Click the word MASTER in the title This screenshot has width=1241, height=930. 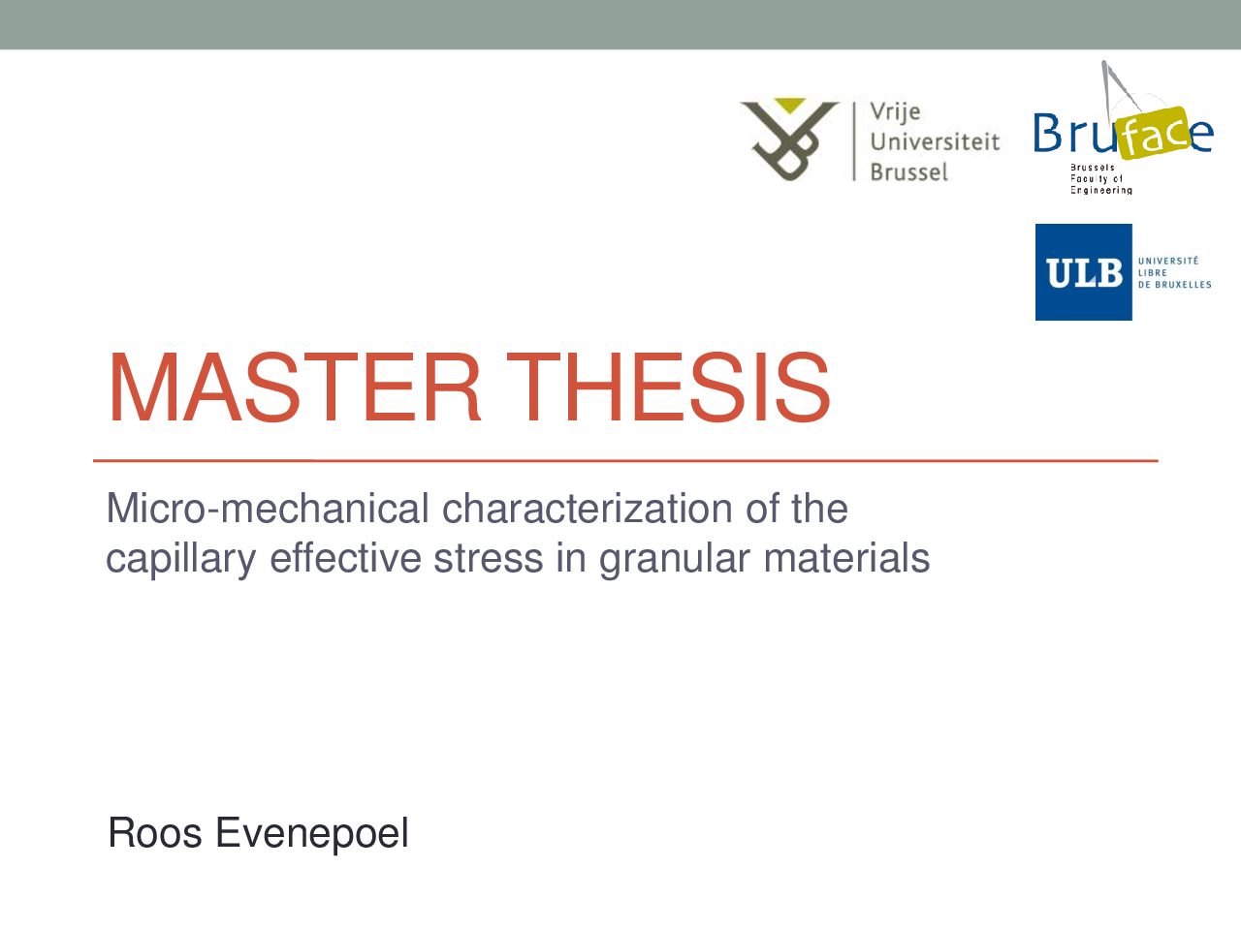pos(295,387)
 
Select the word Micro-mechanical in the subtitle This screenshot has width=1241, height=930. pos(268,509)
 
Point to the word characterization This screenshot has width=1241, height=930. pos(586,509)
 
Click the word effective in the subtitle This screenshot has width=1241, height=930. pos(345,558)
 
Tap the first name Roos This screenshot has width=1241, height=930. pos(155,833)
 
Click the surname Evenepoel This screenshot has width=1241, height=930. pos(311,835)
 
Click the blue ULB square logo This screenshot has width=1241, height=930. pos(1083,272)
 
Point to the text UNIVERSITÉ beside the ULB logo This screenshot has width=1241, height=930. pos(1168,261)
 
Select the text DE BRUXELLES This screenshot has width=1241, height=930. pos(1174,285)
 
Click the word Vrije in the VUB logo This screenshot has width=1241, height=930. pos(896,112)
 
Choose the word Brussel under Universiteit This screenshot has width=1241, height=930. pos(909,171)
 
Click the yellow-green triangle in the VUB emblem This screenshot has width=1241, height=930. pos(790,105)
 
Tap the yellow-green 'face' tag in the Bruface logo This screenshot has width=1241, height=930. pos(1155,134)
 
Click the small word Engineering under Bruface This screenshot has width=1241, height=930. pos(1100,191)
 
